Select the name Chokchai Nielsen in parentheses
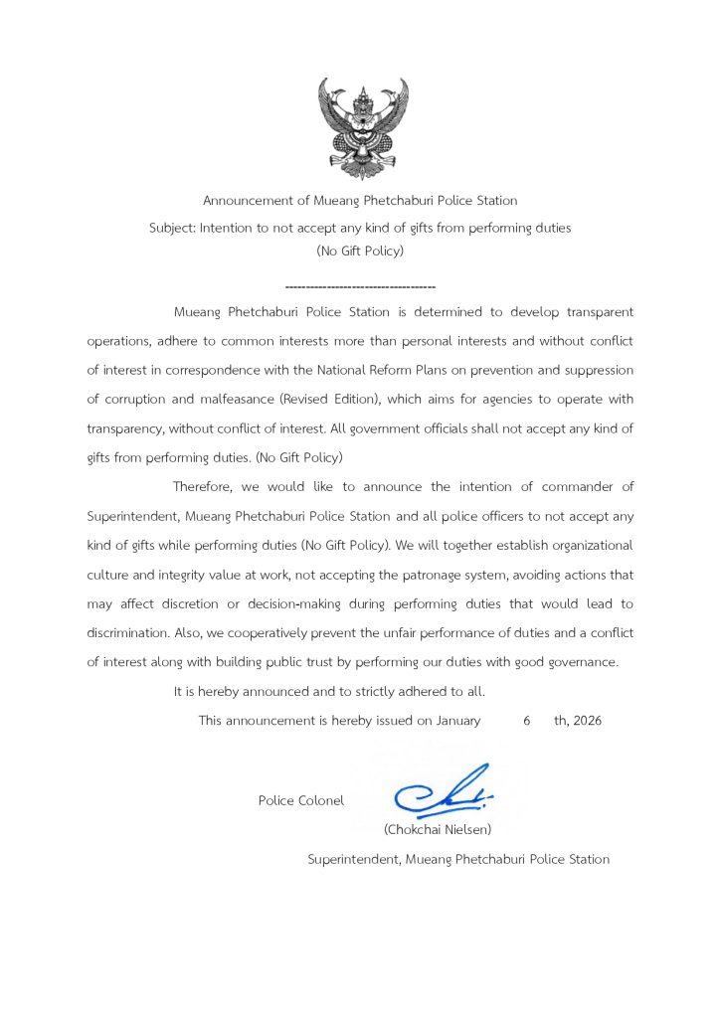[x=438, y=828]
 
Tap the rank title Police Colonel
[x=301, y=800]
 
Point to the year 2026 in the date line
[x=586, y=721]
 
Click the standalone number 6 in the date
[x=526, y=721]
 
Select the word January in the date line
[x=458, y=721]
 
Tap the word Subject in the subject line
[x=172, y=228]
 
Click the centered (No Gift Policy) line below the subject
[x=360, y=253]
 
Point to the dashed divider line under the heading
[x=360, y=286]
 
